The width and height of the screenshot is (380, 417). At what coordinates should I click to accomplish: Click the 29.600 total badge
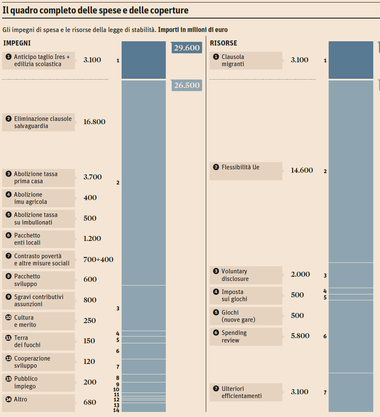(186, 48)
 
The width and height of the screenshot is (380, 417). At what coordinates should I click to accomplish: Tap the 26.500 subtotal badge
(186, 85)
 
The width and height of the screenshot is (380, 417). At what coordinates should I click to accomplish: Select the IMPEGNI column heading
(17, 43)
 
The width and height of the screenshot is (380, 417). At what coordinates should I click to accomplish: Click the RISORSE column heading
(223, 43)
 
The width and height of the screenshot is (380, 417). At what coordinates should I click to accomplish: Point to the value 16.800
(94, 122)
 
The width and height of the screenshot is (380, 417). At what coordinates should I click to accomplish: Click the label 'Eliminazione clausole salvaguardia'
(39, 122)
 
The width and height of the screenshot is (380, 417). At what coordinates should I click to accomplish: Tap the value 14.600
(302, 171)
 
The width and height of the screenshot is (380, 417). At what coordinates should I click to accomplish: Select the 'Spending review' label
(246, 337)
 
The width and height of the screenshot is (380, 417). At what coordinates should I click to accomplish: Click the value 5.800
(300, 336)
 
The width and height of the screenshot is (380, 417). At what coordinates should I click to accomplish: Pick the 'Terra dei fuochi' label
(39, 341)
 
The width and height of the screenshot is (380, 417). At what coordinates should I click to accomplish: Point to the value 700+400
(98, 259)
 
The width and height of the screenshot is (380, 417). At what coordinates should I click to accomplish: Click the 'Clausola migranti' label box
(246, 61)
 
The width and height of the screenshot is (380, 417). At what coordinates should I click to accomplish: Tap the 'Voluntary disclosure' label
(246, 275)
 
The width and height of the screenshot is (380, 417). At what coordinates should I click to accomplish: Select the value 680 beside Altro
(90, 403)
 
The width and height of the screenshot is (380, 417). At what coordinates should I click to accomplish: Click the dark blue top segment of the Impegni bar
(143, 60)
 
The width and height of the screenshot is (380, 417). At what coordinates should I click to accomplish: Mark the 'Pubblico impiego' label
(39, 382)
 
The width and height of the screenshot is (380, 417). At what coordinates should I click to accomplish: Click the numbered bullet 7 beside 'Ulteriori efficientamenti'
(216, 389)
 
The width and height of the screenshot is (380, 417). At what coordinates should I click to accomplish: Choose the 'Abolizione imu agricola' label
(39, 198)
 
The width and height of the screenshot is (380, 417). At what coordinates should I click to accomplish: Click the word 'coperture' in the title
(168, 11)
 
